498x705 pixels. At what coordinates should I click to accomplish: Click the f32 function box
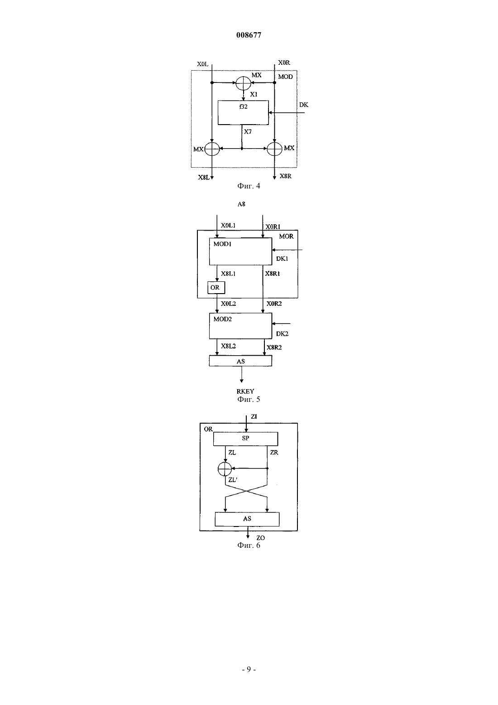243,113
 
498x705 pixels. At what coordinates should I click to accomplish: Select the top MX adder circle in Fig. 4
243,83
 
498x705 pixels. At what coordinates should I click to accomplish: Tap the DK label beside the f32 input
304,105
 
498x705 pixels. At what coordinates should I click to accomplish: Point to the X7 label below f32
248,131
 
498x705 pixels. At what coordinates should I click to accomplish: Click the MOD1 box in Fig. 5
240,251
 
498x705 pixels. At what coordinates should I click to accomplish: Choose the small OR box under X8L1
216,287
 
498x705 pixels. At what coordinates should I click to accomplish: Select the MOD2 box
240,326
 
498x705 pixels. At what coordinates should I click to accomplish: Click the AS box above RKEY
240,361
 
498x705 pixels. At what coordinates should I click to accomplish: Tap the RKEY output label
245,391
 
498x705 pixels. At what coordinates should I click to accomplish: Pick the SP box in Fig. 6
245,439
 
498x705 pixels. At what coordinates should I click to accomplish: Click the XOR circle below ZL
225,468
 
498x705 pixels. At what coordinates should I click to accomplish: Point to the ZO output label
261,538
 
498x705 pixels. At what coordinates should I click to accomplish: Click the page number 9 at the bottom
249,669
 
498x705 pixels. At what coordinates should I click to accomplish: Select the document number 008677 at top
249,35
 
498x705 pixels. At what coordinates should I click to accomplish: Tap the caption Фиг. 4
249,186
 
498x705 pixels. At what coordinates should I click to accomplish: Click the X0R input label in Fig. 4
284,63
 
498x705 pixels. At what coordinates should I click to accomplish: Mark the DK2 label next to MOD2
282,333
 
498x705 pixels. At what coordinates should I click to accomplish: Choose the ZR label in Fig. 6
274,452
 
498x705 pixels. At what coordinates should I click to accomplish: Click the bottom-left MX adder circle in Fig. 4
212,149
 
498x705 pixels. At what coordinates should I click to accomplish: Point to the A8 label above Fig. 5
241,204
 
